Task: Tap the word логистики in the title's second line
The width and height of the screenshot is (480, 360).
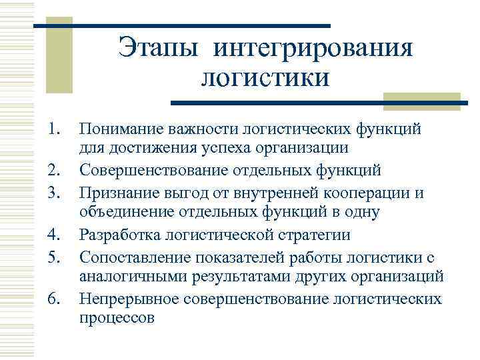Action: point(265,78)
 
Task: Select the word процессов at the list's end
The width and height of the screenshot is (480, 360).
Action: point(117,318)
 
